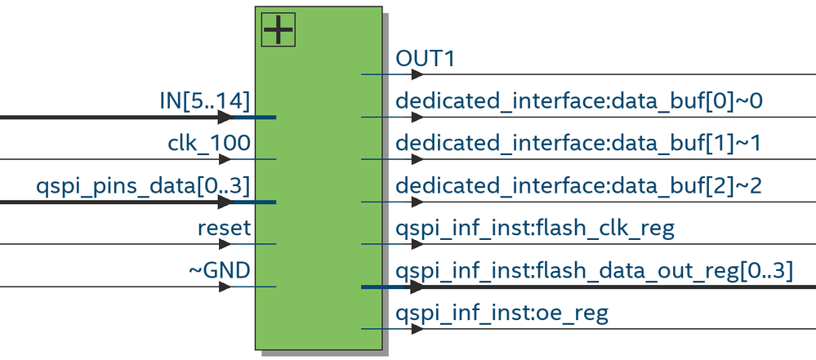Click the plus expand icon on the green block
tap(278, 31)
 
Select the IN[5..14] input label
tap(204, 100)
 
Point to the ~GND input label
tap(220, 269)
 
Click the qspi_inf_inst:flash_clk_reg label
tap(535, 228)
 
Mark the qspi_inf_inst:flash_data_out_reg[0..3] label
tap(594, 269)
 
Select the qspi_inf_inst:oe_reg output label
tap(502, 312)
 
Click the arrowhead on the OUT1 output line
tap(417, 74)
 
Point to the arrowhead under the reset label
tap(225, 244)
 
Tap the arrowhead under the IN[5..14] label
tap(225, 117)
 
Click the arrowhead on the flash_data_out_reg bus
tap(417, 287)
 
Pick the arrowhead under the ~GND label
tap(225, 287)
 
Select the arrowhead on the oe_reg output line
tap(417, 329)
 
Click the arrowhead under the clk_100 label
tap(225, 159)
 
